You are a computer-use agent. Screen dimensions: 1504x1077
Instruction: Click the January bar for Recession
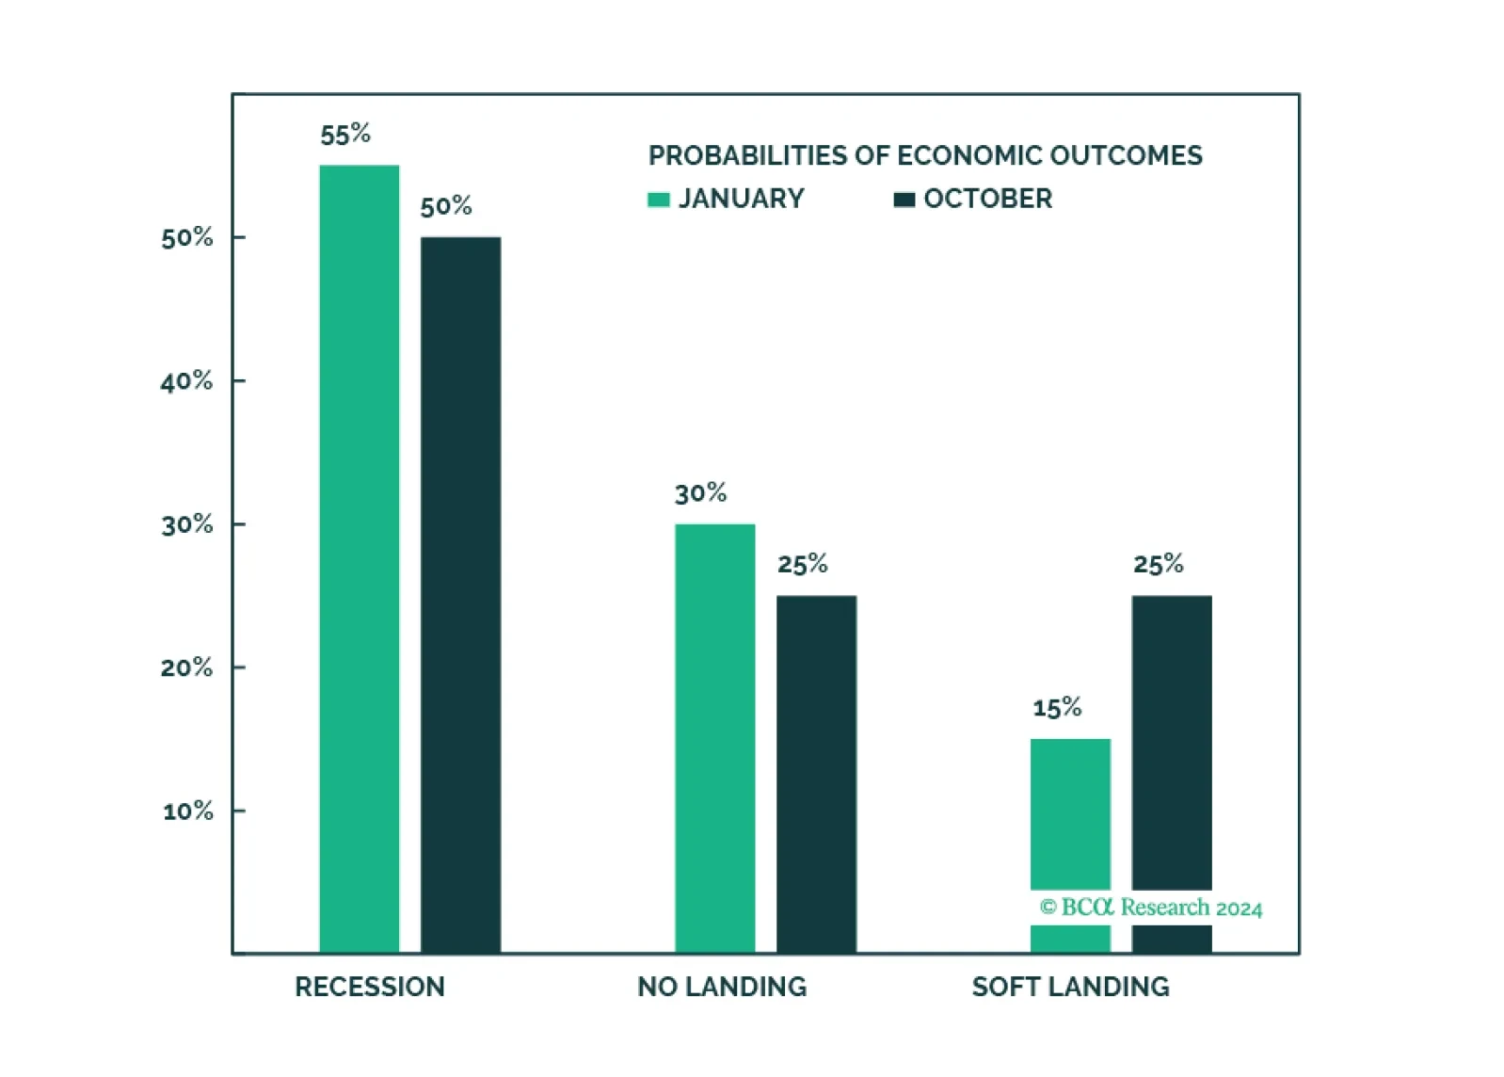pos(360,558)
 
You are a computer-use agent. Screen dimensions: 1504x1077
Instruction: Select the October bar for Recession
pos(460,595)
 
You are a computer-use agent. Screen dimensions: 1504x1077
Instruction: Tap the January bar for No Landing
pos(715,738)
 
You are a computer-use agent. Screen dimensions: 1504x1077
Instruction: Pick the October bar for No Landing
pos(816,774)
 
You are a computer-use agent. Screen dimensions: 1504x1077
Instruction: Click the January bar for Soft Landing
pos(1070,845)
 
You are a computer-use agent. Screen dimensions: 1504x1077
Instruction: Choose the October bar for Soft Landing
pos(1172,774)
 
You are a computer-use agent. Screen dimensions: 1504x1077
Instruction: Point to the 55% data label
pos(345,135)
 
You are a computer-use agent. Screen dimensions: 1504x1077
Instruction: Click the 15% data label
pos(1057,707)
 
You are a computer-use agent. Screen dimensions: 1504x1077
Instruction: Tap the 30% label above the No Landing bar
pos(700,493)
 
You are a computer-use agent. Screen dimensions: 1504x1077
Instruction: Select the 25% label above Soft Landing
pos(1159,564)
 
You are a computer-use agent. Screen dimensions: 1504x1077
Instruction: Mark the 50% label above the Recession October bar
pos(446,206)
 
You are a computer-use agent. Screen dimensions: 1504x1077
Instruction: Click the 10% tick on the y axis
pos(188,812)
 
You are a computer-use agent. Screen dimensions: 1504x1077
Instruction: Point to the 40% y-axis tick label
pos(186,381)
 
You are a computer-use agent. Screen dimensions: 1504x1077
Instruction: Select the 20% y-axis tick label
pos(186,668)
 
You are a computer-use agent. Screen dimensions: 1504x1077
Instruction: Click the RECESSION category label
pos(370,987)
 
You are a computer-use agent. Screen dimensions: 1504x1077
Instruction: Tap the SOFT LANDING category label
pos(1070,987)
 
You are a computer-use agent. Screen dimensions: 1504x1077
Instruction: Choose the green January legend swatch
pos(659,200)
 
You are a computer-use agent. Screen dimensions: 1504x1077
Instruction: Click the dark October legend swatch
pos(904,200)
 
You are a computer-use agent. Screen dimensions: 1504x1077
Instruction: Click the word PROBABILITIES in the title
pos(746,155)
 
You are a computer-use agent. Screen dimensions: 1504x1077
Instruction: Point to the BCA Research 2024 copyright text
pos(1151,908)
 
